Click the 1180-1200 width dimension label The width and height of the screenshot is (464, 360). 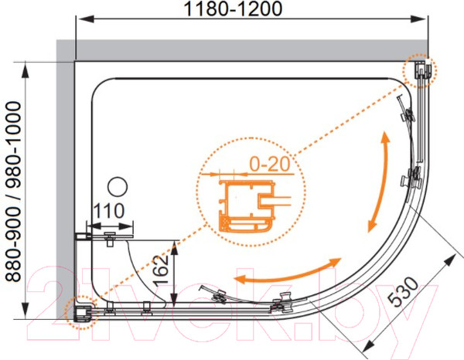click(233, 8)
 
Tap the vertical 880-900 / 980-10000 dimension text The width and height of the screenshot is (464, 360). click(14, 192)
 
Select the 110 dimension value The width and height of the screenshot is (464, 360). click(109, 211)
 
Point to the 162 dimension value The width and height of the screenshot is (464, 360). click(162, 270)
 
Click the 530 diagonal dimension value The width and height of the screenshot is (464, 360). click(403, 291)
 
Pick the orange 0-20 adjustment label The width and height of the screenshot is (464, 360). click(269, 164)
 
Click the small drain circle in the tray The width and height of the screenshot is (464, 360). click(118, 186)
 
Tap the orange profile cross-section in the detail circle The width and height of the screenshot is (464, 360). click(247, 205)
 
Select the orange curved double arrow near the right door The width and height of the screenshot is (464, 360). click(380, 182)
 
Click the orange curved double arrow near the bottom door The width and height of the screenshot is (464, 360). click(287, 273)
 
